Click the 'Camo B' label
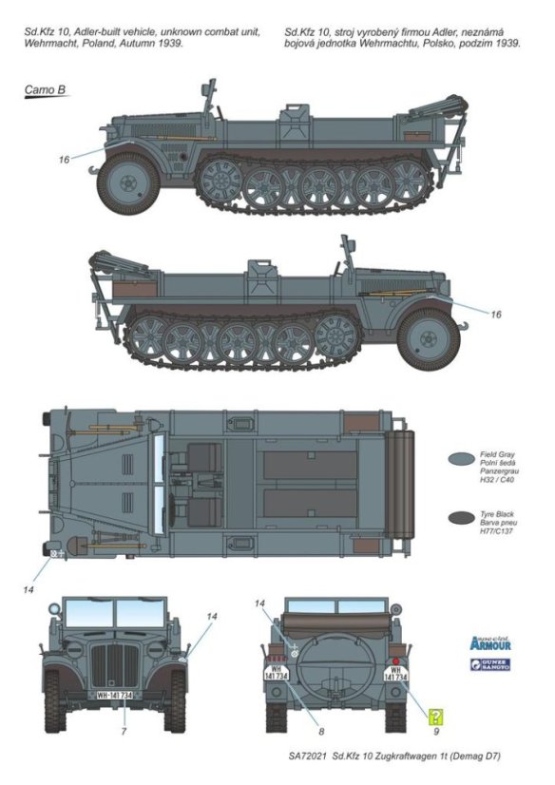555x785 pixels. [44, 91]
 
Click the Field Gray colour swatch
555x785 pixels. [462, 459]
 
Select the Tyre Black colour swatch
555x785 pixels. [462, 518]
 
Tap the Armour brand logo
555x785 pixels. [489, 643]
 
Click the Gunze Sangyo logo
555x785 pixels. [489, 664]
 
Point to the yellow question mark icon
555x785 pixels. [436, 717]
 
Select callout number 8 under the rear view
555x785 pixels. [321, 731]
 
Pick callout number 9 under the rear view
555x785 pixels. [436, 731]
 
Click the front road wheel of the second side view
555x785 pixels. [428, 335]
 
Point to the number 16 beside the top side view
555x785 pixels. [64, 160]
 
